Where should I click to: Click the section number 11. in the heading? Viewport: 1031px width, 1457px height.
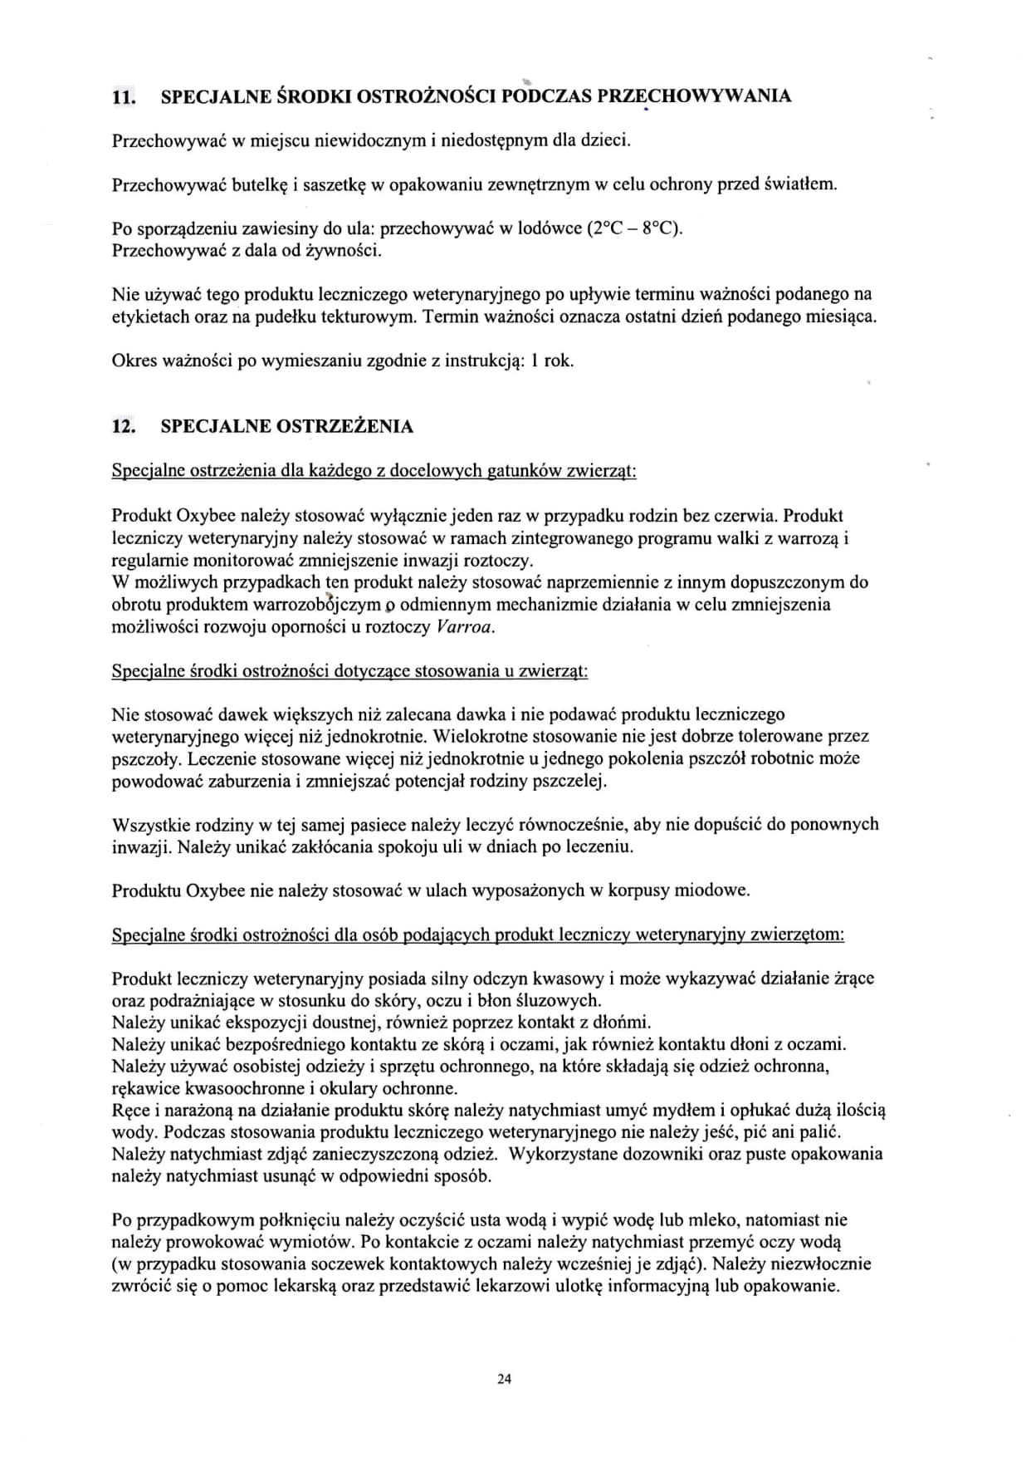123,96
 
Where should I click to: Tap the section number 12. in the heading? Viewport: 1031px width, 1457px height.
123,427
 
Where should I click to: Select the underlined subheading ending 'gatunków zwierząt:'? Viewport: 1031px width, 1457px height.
374,471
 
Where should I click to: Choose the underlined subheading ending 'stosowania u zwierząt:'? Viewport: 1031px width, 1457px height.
349,670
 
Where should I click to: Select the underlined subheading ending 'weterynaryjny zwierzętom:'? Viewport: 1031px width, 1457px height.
478,935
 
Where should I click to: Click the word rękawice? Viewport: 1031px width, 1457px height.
145,1088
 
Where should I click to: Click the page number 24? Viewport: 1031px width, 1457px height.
504,1380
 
